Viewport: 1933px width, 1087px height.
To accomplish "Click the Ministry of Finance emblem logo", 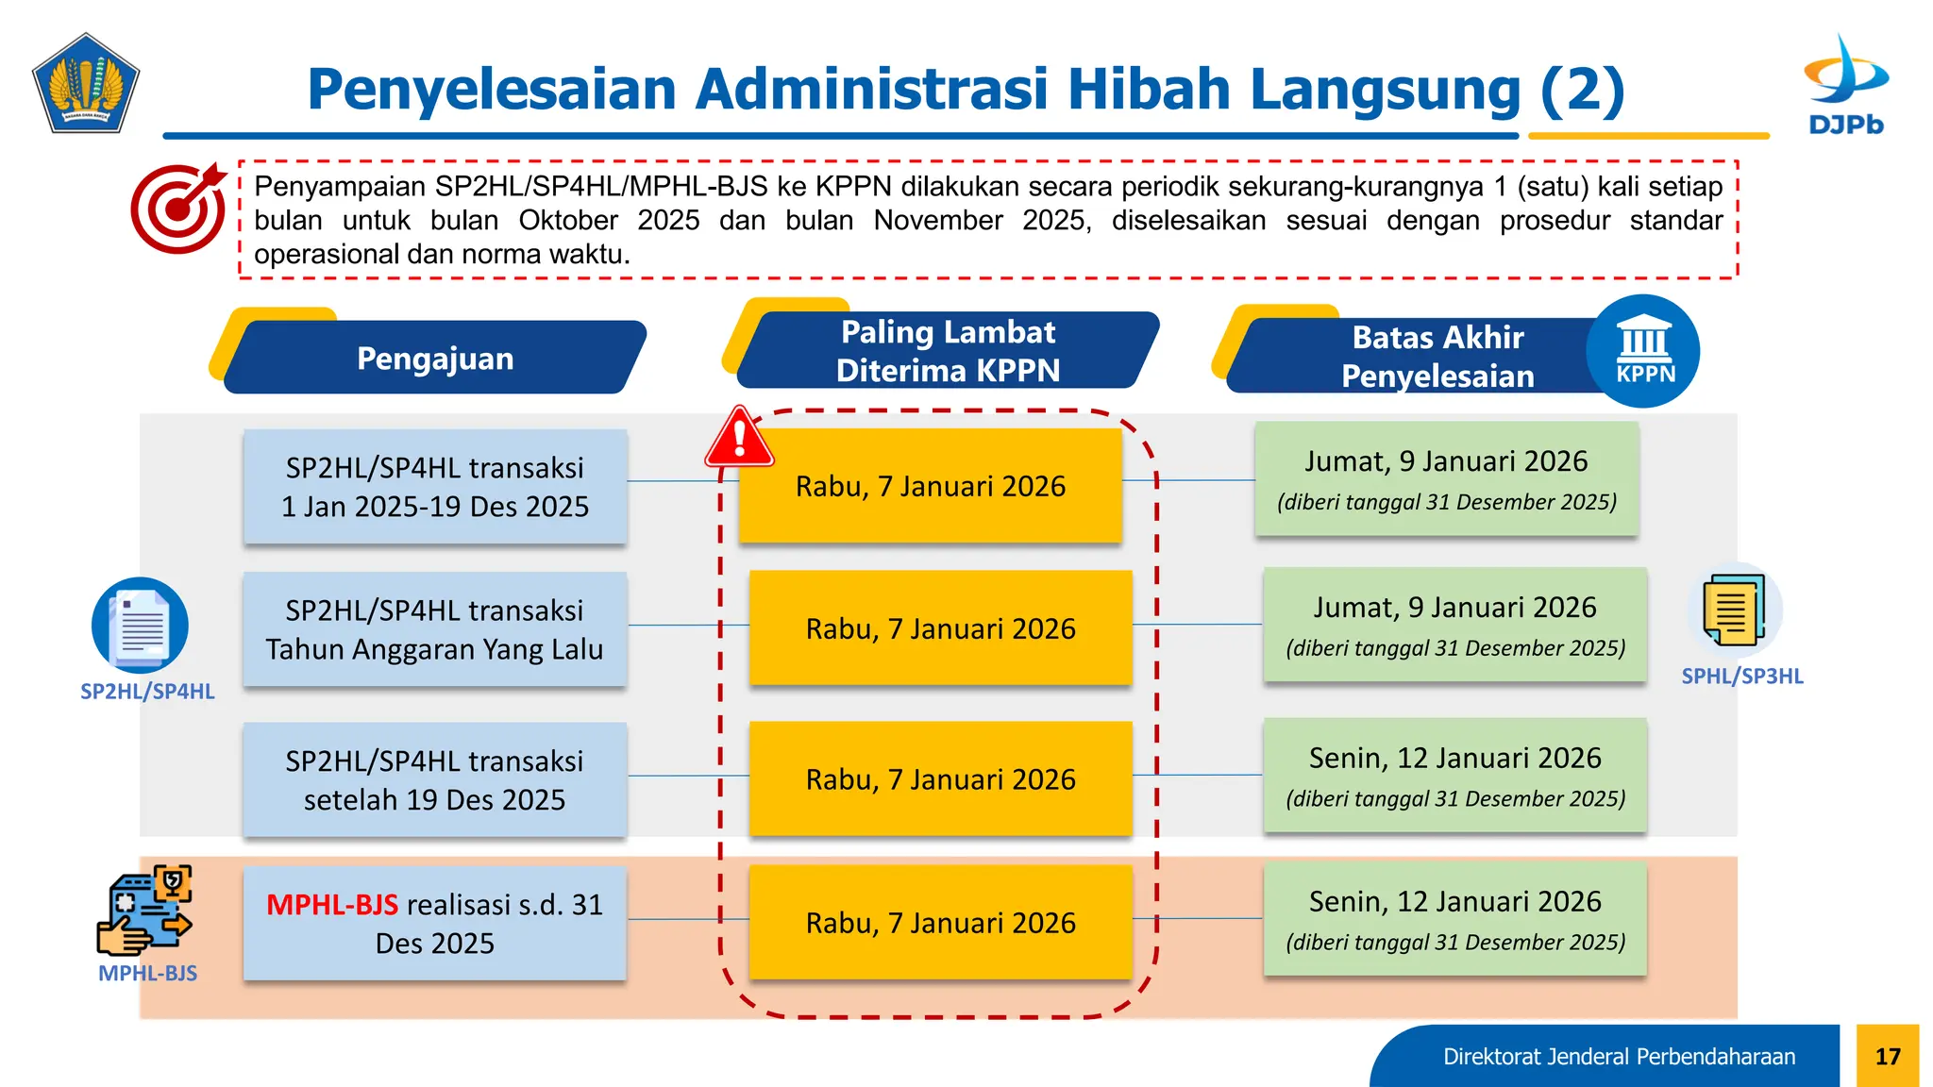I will tap(86, 84).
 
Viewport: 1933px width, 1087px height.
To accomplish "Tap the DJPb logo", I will tap(1845, 85).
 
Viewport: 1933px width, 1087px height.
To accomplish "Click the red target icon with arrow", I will tap(178, 209).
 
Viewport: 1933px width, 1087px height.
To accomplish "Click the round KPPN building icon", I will tap(1643, 352).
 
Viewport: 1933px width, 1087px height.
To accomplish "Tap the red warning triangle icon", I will tap(739, 439).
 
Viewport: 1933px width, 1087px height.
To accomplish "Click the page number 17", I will tap(1887, 1056).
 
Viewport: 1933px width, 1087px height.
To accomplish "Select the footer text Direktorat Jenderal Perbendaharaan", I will tap(1618, 1056).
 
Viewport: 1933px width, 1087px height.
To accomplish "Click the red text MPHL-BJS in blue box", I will tap(332, 904).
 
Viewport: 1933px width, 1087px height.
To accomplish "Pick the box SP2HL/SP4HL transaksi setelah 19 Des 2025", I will tap(434, 779).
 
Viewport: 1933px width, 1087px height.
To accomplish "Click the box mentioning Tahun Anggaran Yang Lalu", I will tap(434, 629).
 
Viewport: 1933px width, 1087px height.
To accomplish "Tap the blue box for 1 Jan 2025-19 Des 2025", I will tap(434, 487).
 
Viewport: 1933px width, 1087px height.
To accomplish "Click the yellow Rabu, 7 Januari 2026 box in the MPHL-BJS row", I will tap(940, 922).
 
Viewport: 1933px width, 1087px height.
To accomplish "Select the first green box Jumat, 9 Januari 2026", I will tap(1446, 479).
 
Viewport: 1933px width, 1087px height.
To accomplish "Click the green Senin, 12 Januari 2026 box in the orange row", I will tap(1454, 919).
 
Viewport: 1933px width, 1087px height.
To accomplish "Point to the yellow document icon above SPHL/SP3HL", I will tap(1734, 611).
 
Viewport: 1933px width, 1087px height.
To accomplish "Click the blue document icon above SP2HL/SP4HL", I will tap(140, 625).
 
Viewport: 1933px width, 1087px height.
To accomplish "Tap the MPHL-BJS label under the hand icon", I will tap(147, 973).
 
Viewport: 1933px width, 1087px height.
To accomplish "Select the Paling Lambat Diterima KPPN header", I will tap(948, 351).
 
